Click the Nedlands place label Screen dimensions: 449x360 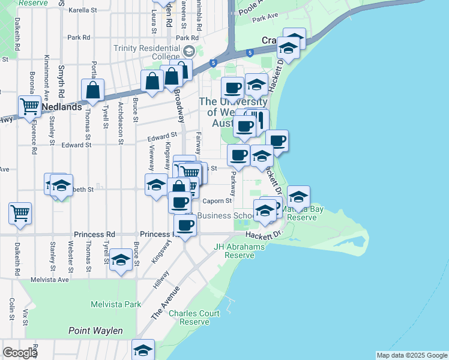pos(62,107)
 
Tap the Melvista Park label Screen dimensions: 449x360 pos(116,304)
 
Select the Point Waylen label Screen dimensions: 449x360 pos(95,331)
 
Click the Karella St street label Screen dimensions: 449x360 pos(83,11)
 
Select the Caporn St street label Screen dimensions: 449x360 pos(217,201)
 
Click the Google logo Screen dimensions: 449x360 pos(20,352)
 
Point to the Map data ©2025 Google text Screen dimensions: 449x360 pos(412,355)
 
